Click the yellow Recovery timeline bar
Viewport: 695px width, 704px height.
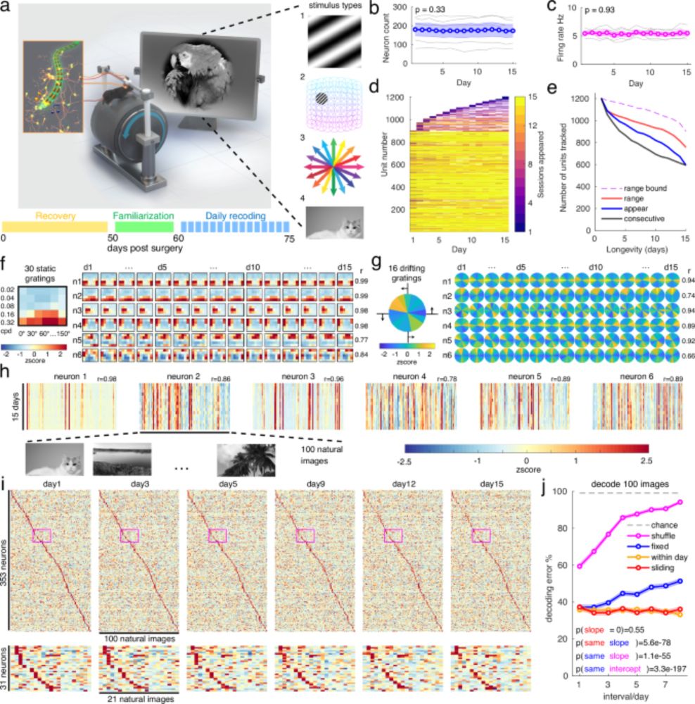point(55,227)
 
